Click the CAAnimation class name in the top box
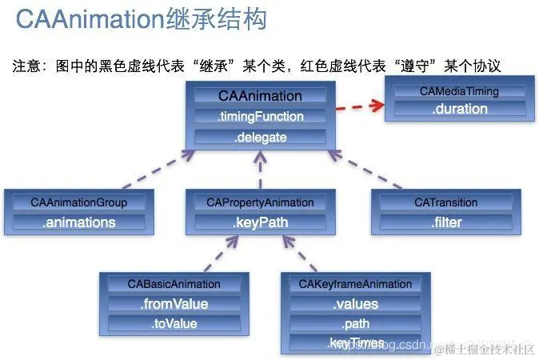(260, 96)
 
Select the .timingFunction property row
(260, 117)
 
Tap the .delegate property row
(260, 138)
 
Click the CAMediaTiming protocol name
(458, 91)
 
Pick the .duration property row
(458, 110)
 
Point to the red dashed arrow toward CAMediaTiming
(357, 106)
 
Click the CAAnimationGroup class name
(78, 202)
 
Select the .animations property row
(78, 222)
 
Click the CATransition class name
(447, 202)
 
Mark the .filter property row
(447, 222)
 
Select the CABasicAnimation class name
(174, 284)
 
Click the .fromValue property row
(174, 304)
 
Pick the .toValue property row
(174, 324)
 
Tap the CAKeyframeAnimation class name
(355, 284)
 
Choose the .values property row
(355, 304)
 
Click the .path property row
(355, 324)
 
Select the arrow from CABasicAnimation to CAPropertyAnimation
(214, 254)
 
